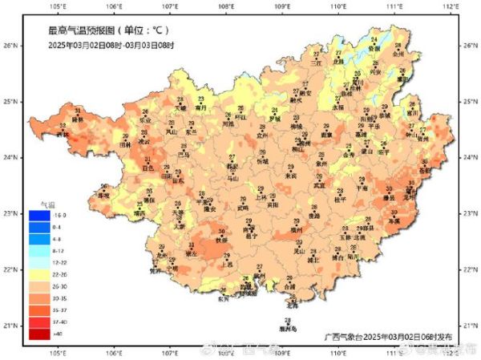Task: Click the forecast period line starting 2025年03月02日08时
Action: click(111, 45)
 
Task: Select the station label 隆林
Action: click(78, 119)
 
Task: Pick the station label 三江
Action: click(316, 62)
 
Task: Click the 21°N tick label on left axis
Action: click(12, 326)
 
